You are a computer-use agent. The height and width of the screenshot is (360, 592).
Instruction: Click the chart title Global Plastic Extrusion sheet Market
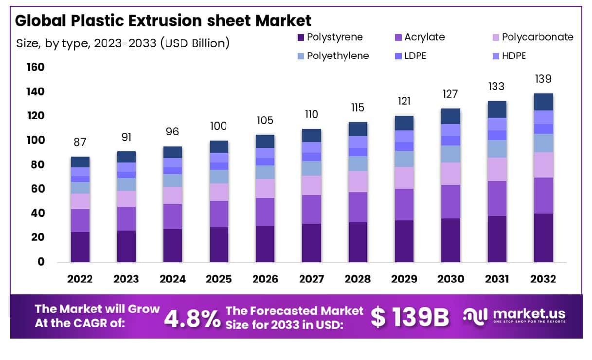click(163, 20)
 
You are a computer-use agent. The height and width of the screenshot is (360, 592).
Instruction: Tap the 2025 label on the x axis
click(219, 279)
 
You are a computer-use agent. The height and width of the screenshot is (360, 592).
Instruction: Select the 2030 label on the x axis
click(450, 279)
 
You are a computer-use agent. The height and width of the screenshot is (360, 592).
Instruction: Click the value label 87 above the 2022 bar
click(80, 143)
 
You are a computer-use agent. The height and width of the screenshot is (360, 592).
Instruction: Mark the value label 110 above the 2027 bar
click(311, 114)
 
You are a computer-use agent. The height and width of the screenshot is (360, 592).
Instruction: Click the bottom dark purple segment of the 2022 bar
click(80, 247)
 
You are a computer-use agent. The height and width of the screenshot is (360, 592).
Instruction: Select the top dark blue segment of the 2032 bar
click(543, 102)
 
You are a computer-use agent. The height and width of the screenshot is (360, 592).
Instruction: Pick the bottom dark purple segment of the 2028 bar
click(358, 242)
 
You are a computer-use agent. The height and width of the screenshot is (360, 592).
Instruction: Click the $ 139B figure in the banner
click(409, 317)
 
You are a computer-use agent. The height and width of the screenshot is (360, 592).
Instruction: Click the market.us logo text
click(528, 314)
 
